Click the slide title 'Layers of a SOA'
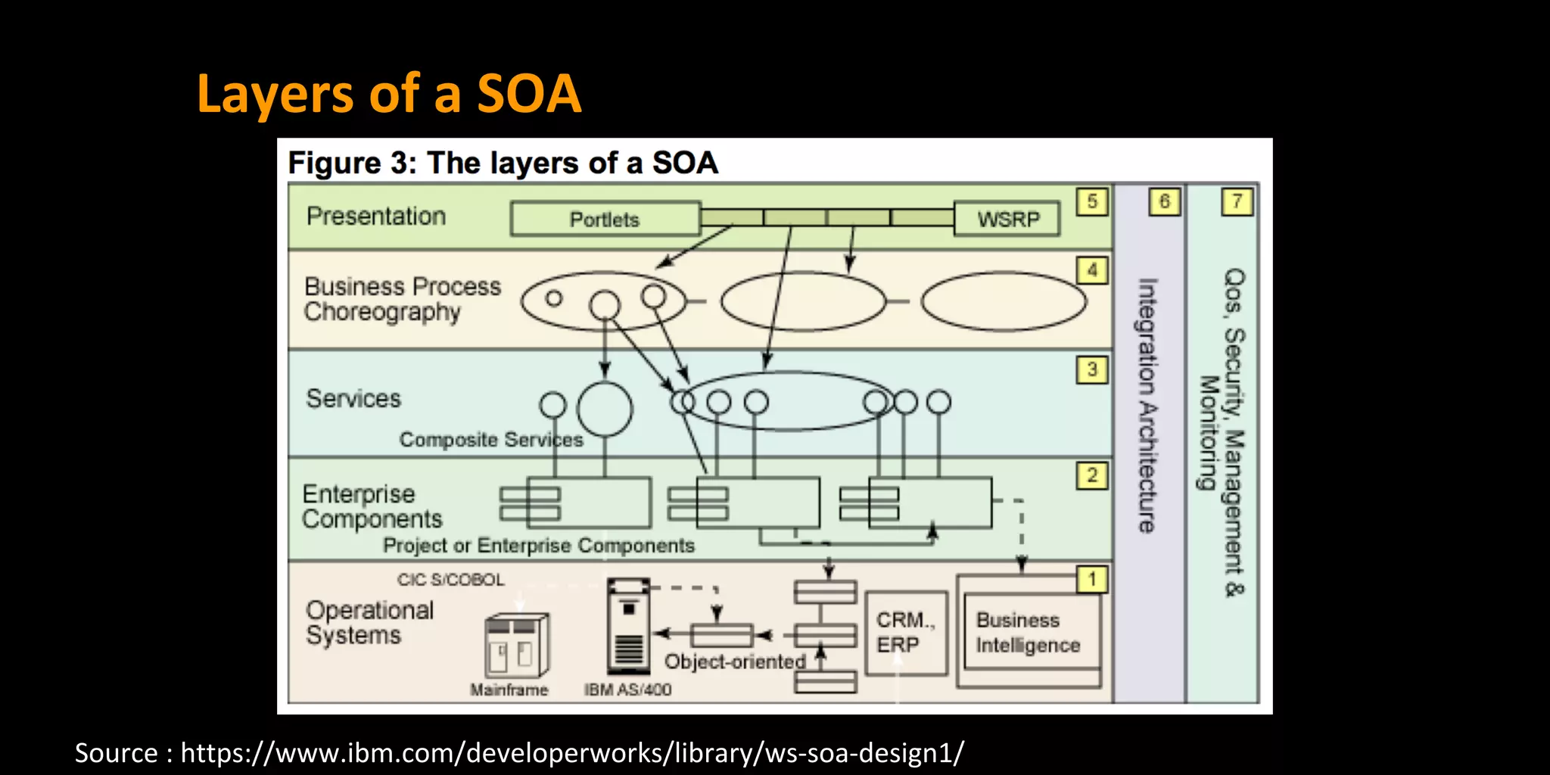coord(388,94)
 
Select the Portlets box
coord(605,219)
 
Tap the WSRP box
coord(1007,219)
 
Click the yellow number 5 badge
coord(1092,202)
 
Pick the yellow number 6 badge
coord(1164,202)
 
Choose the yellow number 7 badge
coord(1237,202)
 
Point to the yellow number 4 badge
coord(1092,270)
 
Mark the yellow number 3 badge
coord(1092,369)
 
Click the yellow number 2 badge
coord(1092,475)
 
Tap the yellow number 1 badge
coord(1092,580)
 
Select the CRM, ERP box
coord(906,633)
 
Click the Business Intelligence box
coord(1028,633)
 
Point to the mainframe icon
coord(516,645)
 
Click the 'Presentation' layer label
coord(376,216)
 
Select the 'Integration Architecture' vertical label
coord(1148,406)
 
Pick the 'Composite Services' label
coord(491,440)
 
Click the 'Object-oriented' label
coord(734,661)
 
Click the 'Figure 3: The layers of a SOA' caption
coord(503,163)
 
